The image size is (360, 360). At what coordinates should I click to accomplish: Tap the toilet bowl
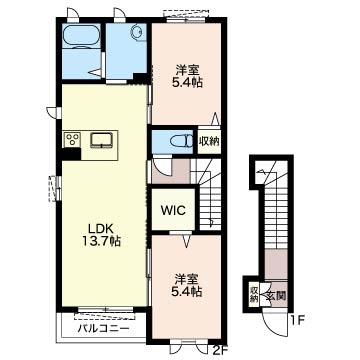182,141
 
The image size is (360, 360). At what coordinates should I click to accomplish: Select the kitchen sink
102,140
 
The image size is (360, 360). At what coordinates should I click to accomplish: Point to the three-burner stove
72,139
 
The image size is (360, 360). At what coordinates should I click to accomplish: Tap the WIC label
173,210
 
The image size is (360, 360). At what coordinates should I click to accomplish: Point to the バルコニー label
103,329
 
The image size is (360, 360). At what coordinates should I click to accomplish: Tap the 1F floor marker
297,321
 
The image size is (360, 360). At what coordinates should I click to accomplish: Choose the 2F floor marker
220,350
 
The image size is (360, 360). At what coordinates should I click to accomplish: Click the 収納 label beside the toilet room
209,141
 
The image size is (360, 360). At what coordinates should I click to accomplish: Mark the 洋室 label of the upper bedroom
187,71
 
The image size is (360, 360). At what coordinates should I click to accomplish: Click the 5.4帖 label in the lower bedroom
187,292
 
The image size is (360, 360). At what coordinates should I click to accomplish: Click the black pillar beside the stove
71,154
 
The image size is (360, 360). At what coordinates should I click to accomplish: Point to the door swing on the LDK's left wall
52,112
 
